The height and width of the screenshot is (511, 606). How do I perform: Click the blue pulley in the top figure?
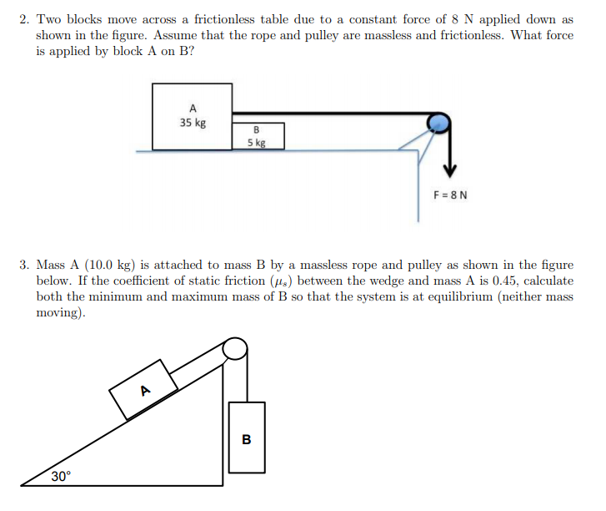click(438, 124)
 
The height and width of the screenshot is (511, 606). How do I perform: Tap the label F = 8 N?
click(450, 195)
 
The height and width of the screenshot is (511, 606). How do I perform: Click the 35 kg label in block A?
click(193, 123)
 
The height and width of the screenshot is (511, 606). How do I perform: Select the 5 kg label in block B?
click(257, 142)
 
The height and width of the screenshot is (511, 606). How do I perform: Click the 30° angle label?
click(61, 476)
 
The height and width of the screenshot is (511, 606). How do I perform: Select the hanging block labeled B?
click(246, 438)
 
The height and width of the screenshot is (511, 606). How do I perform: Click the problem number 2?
click(24, 19)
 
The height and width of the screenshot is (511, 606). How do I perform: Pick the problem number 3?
click(24, 266)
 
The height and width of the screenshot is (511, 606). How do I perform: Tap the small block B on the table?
click(258, 136)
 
